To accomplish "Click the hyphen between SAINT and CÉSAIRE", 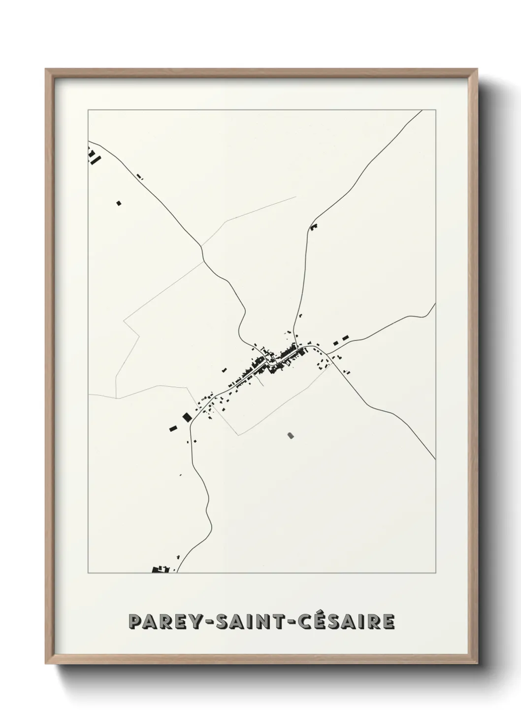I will pyautogui.click(x=285, y=622).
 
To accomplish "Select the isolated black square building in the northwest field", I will pyautogui.click(x=118, y=202).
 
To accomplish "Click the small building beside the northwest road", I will pyautogui.click(x=139, y=176).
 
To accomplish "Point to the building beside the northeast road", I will pyautogui.click(x=314, y=227).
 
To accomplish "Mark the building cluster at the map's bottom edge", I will pyautogui.click(x=161, y=570).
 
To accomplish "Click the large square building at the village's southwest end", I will pyautogui.click(x=187, y=417).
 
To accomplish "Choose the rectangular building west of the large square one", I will pyautogui.click(x=173, y=428).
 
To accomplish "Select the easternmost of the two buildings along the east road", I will pyautogui.click(x=345, y=337).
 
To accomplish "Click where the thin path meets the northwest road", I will pyautogui.click(x=201, y=246).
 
